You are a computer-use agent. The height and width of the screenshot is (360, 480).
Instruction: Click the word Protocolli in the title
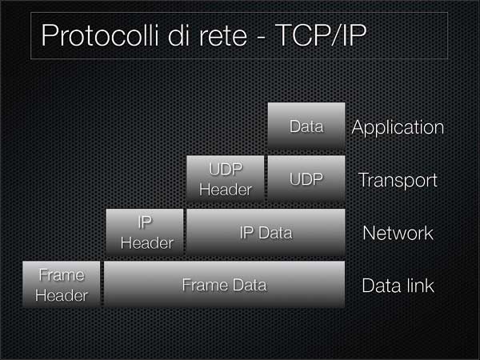coord(101,35)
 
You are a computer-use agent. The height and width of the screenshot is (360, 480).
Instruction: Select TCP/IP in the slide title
coord(321,35)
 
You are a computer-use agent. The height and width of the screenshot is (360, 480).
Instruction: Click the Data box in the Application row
coord(306,126)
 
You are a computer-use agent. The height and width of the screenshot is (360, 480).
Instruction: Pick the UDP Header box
coord(226,178)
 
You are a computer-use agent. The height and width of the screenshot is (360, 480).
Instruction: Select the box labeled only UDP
coord(306,178)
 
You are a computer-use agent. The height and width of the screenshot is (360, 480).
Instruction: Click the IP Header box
coord(145,232)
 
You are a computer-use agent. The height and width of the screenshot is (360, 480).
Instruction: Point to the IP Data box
coord(266,232)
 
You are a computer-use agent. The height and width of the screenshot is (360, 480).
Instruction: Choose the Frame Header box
coord(62,284)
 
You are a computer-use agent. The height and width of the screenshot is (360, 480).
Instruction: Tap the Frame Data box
coord(224,284)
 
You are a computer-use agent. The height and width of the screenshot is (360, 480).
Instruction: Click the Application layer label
coord(398,128)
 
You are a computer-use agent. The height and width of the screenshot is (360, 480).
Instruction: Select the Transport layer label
coord(398,180)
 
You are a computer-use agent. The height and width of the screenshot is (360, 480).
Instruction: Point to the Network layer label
coord(398,233)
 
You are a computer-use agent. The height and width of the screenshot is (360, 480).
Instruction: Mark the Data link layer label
coord(398,286)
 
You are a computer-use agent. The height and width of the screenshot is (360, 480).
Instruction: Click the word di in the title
coord(179,35)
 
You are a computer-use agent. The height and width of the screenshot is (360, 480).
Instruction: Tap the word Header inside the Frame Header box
coord(62,295)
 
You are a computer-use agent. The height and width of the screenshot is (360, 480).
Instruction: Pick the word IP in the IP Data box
coord(246,233)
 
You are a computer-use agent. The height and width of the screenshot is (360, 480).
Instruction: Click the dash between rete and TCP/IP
coord(261,38)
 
